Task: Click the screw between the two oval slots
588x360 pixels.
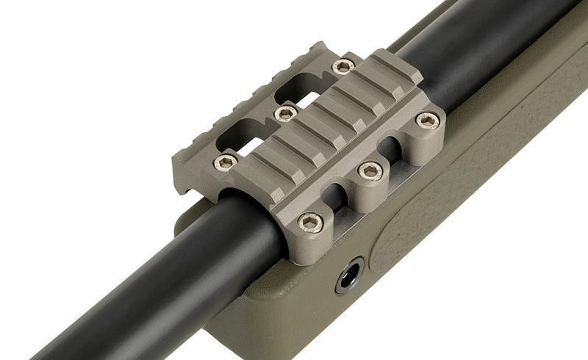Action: [285, 113]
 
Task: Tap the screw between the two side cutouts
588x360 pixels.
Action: [370, 172]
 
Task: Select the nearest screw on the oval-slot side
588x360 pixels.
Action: [226, 162]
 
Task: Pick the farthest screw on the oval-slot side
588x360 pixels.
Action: [343, 67]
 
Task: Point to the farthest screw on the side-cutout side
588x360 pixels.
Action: [427, 120]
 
